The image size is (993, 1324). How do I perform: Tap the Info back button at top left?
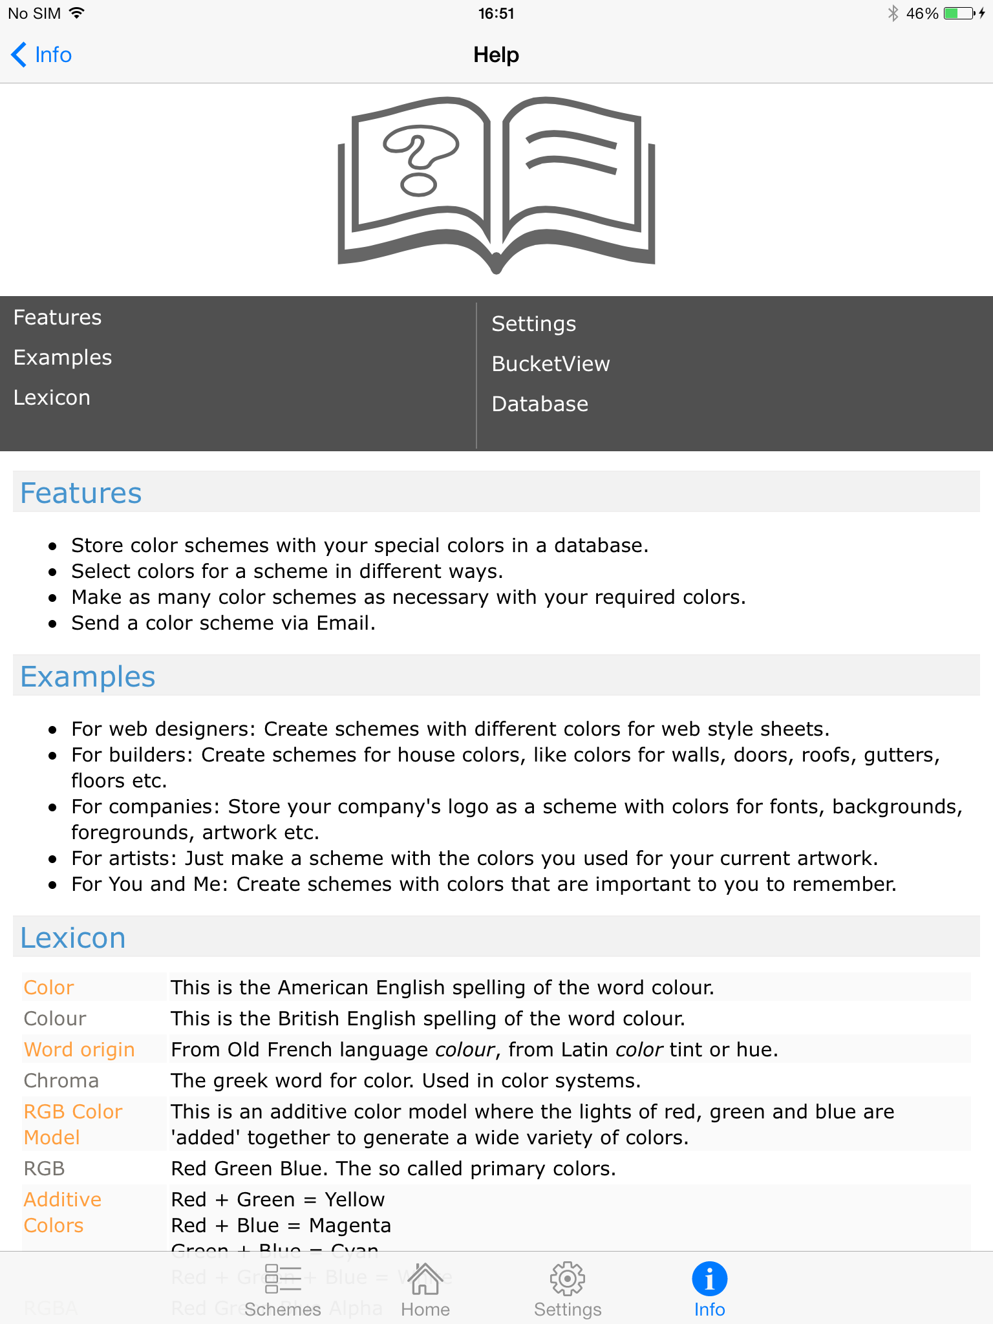point(41,55)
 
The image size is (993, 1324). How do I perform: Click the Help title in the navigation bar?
point(496,55)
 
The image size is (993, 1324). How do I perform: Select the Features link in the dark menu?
point(58,317)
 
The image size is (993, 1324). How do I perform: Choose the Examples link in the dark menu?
point(63,358)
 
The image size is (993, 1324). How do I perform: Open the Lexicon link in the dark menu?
point(52,398)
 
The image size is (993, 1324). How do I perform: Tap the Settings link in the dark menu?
point(533,324)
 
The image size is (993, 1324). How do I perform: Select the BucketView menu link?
point(550,364)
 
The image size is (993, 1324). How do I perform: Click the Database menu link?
point(540,404)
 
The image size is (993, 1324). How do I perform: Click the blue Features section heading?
point(81,493)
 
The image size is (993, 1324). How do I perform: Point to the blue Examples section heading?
point(88,676)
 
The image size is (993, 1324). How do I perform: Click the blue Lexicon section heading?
point(73,937)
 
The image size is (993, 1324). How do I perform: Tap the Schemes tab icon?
point(283,1279)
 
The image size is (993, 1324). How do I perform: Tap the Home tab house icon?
point(425,1279)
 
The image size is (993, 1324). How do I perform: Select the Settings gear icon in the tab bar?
point(567,1279)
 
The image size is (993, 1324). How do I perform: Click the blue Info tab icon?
point(709,1279)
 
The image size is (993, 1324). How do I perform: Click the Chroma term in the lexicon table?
point(61,1080)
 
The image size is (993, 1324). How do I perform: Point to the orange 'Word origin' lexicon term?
point(79,1049)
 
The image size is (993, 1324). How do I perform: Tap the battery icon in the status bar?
point(959,14)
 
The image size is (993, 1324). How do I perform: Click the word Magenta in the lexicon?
point(350,1225)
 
